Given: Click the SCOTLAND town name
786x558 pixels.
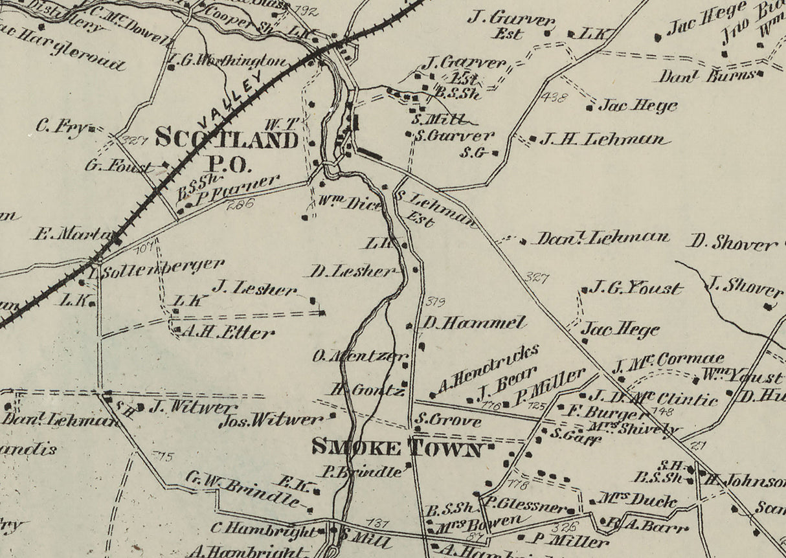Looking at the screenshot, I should point(226,139).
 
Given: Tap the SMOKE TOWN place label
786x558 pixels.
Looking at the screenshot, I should point(398,448).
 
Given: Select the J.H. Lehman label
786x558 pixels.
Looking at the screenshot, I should point(603,139).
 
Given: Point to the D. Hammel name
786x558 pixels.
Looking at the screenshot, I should point(475,322).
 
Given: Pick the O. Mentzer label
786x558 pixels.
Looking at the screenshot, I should point(360,355).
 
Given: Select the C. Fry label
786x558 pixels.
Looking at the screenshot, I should point(61,127).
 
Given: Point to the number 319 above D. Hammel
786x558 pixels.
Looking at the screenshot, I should point(436,301).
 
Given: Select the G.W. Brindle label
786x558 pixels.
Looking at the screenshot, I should point(243,489).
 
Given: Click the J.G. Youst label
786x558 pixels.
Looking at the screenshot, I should point(635,288).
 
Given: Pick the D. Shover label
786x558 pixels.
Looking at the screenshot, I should point(732,243).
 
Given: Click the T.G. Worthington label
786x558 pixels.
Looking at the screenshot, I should point(227,62).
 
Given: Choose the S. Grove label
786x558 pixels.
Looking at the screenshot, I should point(449,421).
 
